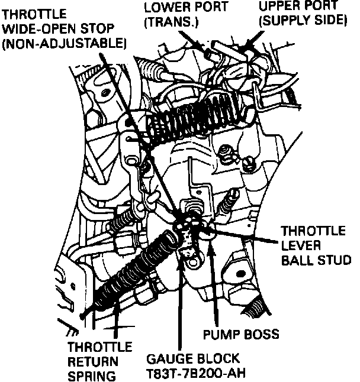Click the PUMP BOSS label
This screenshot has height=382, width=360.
point(240,335)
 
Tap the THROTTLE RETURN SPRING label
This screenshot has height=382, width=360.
point(99,361)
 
